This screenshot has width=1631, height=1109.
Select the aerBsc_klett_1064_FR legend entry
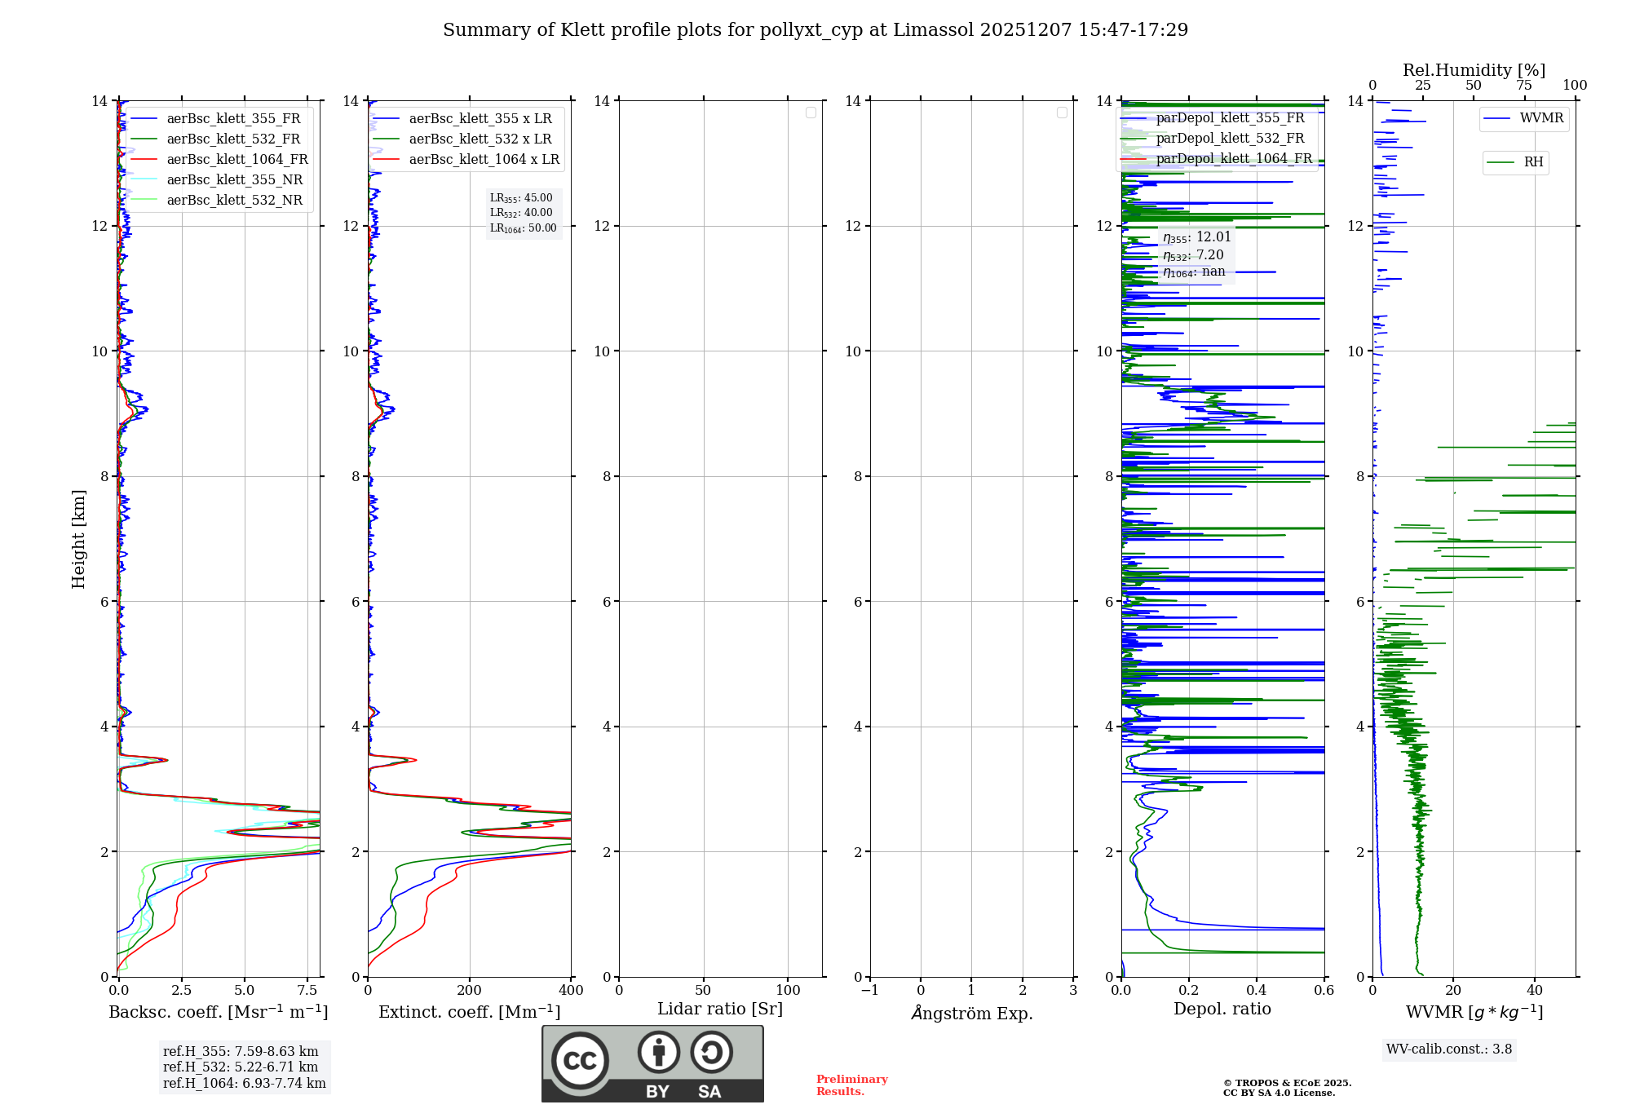point(236,159)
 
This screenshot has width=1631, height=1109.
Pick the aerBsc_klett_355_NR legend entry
point(234,179)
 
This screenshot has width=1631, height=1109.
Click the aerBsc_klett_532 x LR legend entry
point(480,139)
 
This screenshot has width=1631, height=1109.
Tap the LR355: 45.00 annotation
point(521,198)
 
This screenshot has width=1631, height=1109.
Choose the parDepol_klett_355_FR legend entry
point(1230,118)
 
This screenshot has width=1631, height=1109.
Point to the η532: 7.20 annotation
point(1193,255)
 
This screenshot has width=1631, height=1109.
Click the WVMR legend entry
point(1540,118)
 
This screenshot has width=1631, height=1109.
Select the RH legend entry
point(1532,162)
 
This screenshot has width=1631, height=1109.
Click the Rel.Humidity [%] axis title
point(1474,70)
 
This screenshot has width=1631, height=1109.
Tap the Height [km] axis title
point(78,539)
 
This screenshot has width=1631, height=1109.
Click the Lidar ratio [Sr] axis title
point(720,1010)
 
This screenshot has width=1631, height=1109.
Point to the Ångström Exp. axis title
point(972,1013)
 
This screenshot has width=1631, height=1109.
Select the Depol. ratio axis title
point(1222,1010)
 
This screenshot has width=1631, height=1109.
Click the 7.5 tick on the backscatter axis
point(307,990)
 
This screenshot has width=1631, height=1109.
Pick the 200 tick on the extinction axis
point(470,990)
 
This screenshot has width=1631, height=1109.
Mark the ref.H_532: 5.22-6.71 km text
point(241,1067)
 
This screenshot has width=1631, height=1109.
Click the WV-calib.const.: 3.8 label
point(1449,1049)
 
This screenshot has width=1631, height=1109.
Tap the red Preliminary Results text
point(851,1085)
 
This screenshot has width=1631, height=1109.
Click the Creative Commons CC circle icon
point(580,1061)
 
